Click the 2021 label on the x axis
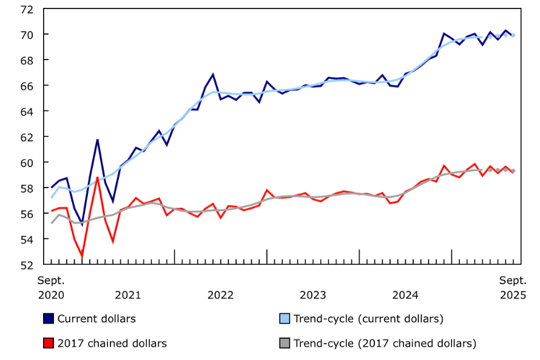[128, 296]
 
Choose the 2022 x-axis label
[220, 296]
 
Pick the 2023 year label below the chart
[313, 296]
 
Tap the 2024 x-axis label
[405, 296]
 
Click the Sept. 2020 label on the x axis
[51, 288]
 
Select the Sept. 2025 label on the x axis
[513, 288]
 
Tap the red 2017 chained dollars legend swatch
[49, 344]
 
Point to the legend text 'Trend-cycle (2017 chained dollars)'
[385, 344]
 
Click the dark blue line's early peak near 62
[98, 140]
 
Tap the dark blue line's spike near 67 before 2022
[213, 75]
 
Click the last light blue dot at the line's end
[513, 35]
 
